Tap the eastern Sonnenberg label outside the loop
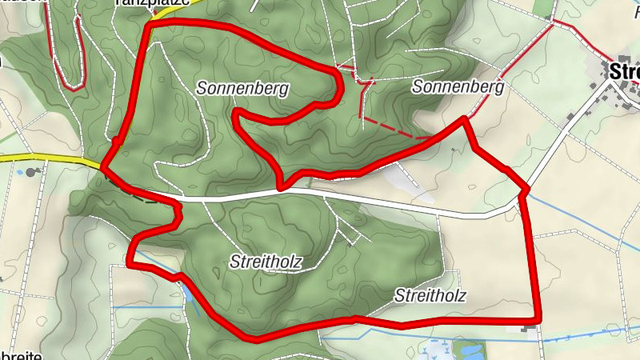pos(458,87)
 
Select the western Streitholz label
pos(266,261)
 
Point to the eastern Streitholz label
pos(430,296)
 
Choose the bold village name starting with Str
pos(624,71)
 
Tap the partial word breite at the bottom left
pos(21,354)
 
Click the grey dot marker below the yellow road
pos(30,172)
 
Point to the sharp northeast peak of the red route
pos(464,119)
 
